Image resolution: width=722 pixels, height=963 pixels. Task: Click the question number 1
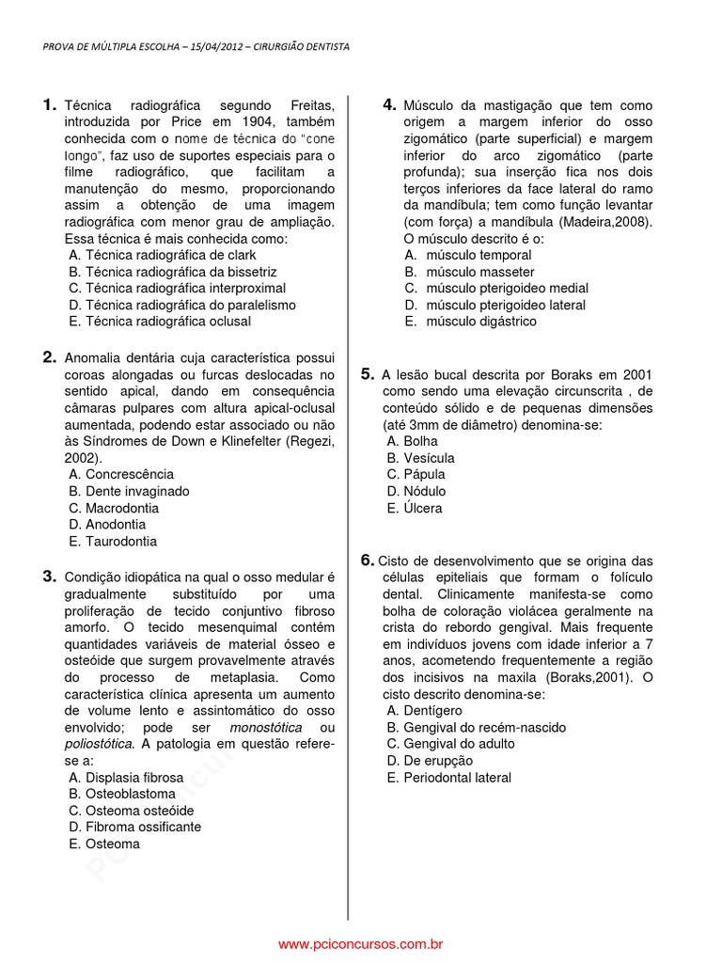(51, 105)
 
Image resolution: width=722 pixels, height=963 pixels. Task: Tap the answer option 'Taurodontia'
(113, 542)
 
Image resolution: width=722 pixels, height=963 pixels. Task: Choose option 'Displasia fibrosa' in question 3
(126, 778)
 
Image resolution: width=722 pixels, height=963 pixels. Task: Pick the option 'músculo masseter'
(468, 272)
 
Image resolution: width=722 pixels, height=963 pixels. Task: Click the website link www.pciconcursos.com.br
(361, 943)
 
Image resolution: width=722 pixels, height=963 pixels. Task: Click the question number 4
(389, 105)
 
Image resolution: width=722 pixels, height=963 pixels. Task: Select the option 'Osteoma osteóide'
(132, 811)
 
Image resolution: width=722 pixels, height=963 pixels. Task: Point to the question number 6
(368, 560)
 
